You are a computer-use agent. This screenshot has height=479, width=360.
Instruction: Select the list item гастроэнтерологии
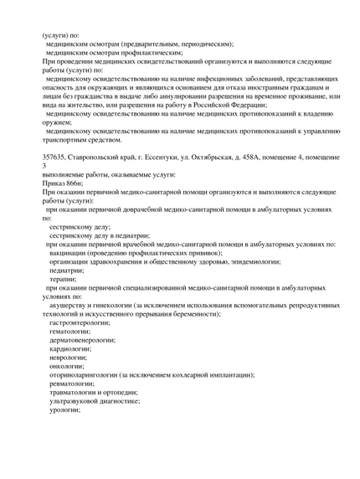coord(83,322)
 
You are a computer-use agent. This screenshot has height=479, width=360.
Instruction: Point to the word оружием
coord(58,121)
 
